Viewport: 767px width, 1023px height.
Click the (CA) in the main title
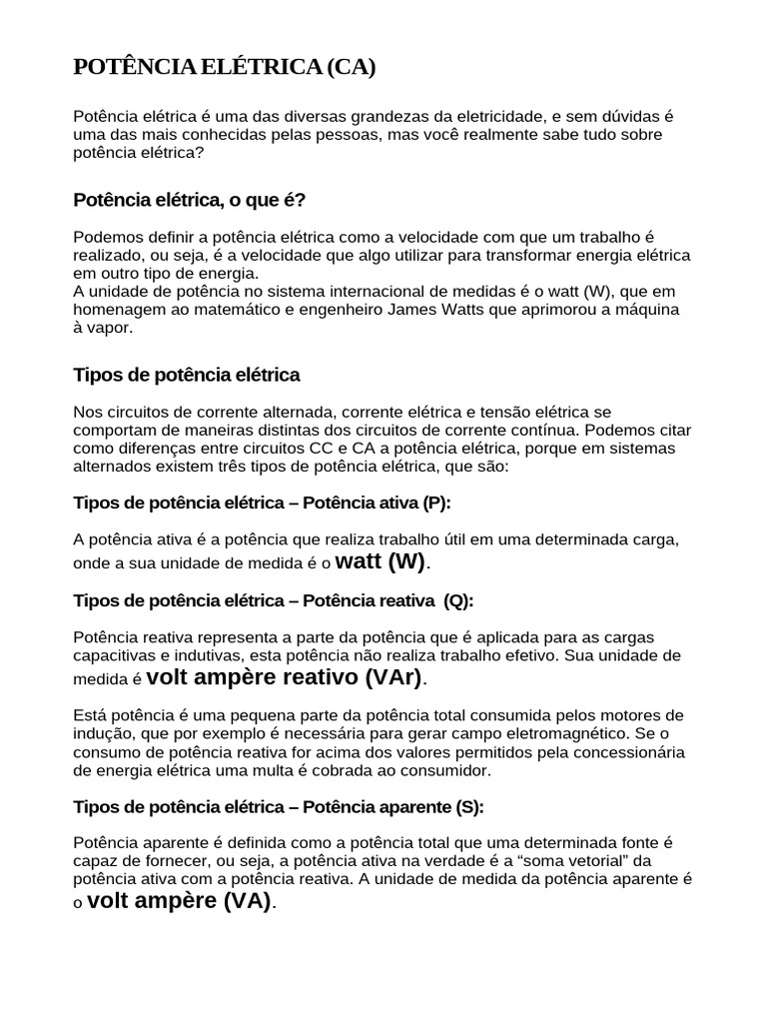pos(350,68)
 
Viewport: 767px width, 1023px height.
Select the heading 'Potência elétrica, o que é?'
pos(190,200)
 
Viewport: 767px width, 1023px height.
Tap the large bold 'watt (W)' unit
pos(381,561)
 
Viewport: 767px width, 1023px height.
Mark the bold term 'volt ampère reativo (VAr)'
pos(286,678)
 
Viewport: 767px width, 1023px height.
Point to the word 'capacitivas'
pos(116,655)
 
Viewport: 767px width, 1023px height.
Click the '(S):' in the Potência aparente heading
pos(468,806)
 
